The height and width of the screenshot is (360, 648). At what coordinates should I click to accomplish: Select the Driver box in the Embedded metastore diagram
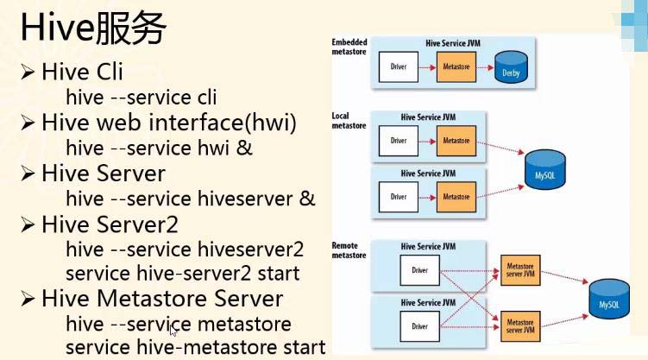398,66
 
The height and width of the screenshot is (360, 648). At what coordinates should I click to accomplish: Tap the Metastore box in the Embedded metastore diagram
456,66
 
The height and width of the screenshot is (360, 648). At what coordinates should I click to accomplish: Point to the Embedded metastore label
349,47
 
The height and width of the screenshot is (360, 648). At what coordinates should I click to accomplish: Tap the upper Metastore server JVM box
521,271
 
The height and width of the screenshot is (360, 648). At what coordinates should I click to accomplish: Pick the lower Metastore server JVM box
521,325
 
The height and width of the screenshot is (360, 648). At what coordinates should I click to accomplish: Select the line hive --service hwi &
159,148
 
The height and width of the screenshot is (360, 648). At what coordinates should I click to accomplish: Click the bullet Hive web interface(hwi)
168,123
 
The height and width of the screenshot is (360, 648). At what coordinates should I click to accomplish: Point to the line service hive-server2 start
182,273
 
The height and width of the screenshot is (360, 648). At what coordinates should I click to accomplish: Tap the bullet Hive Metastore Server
161,299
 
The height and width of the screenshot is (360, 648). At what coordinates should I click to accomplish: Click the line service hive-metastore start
195,347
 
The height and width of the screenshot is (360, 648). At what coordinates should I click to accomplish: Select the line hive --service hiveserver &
190,199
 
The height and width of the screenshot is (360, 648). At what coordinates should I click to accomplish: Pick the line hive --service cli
141,98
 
